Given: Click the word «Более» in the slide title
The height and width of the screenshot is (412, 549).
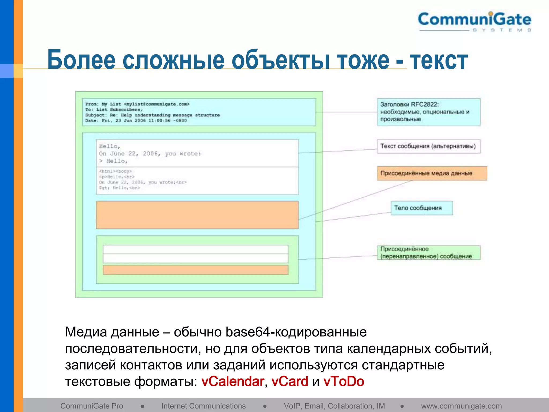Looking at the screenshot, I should pos(81,60).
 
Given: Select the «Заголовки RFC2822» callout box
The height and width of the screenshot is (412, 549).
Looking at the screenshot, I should pos(428,112).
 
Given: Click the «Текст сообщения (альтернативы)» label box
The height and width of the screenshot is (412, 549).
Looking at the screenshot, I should pos(428,146).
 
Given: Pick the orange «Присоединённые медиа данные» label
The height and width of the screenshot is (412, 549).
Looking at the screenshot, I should pos(432,173).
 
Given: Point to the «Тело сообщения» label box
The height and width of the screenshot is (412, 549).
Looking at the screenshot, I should pos(421,208).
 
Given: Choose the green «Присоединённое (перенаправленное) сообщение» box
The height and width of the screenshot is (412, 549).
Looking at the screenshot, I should pos(428,253).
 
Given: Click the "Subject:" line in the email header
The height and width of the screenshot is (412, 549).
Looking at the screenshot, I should pos(152,115).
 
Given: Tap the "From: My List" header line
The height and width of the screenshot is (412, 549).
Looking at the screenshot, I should pos(137,104).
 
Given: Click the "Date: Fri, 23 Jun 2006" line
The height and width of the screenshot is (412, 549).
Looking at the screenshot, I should pos(136,121).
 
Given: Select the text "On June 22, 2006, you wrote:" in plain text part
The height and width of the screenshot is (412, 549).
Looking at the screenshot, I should pos(150,154).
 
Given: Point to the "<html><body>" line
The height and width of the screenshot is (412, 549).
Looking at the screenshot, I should pos(116,171).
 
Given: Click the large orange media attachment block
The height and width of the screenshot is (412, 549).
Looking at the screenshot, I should pos(197,215).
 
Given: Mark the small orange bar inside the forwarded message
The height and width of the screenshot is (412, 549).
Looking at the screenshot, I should pos(195,270).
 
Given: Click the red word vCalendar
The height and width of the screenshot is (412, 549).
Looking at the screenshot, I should pos(233,381).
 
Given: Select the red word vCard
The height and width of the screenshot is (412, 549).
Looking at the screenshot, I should pos(290,381).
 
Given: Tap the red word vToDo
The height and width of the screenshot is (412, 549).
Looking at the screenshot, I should pos(344,381).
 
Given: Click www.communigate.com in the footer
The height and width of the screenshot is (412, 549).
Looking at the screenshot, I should pos(461,406).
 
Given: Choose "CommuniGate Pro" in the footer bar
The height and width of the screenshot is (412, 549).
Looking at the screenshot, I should pos(92,406).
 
